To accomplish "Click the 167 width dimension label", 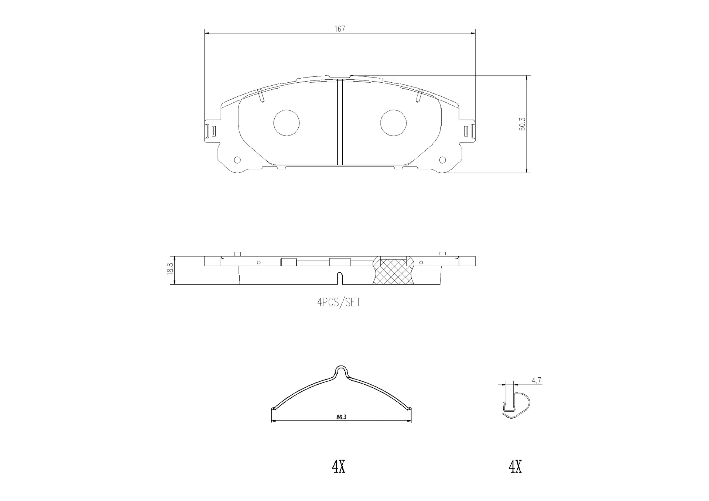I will click(x=339, y=29).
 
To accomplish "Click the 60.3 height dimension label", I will click(x=522, y=124).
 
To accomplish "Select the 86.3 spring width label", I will click(x=341, y=417).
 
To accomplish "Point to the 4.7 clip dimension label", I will click(x=536, y=381).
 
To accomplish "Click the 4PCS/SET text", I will click(x=339, y=303).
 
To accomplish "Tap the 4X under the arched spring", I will click(x=339, y=467).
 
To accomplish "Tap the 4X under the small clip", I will click(x=515, y=467).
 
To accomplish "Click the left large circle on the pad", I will click(x=286, y=123).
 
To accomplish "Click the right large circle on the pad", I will click(x=393, y=123).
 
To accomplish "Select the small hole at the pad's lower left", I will click(x=237, y=160).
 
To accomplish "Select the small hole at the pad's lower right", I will click(x=442, y=160).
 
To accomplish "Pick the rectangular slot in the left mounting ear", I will click(x=213, y=131).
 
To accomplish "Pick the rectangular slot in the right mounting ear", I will click(x=466, y=131).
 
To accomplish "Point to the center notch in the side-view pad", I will click(x=340, y=278).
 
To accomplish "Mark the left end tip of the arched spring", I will click(x=273, y=408).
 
